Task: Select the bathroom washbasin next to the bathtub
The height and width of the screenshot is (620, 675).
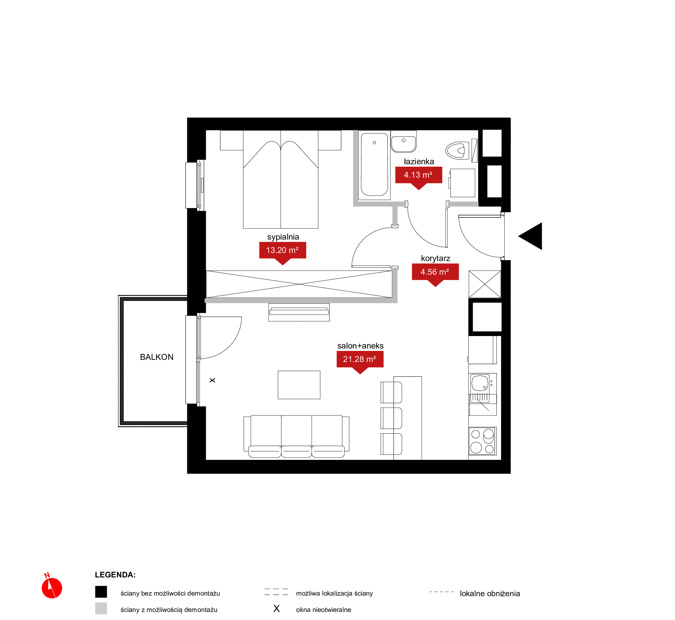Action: (x=404, y=142)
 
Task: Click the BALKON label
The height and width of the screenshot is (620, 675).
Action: (x=156, y=357)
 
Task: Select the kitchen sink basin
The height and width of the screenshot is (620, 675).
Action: (x=480, y=383)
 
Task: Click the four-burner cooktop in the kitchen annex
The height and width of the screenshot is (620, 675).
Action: (x=482, y=441)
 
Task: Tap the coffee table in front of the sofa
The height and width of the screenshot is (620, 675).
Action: (x=299, y=385)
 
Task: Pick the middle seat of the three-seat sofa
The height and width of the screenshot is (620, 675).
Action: (x=296, y=436)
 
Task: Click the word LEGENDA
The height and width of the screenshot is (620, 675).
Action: (x=115, y=575)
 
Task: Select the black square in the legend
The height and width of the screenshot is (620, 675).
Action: (x=101, y=592)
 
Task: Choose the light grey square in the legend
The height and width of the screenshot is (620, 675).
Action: (x=101, y=608)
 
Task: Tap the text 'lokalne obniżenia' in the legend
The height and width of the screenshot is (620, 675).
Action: (x=490, y=594)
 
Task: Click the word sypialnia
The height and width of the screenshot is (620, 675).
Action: (x=283, y=237)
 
